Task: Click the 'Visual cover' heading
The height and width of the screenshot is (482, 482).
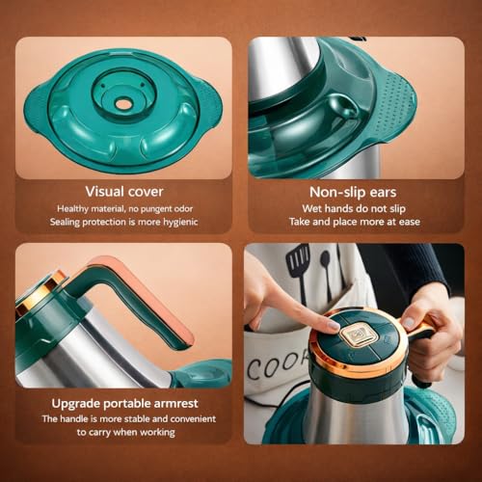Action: coord(124,192)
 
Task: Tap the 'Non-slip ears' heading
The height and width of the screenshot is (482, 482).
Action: coord(353,192)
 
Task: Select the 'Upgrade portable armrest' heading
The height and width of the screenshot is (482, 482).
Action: coord(124,403)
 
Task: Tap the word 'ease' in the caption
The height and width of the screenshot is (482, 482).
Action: coord(410,222)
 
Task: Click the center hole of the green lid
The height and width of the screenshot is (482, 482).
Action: coord(123,104)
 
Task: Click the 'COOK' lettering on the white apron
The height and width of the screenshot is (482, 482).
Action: coord(278,363)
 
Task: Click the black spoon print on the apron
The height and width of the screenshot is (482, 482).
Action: coord(326,273)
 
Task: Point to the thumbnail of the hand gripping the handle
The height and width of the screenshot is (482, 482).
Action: coord(409,322)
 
